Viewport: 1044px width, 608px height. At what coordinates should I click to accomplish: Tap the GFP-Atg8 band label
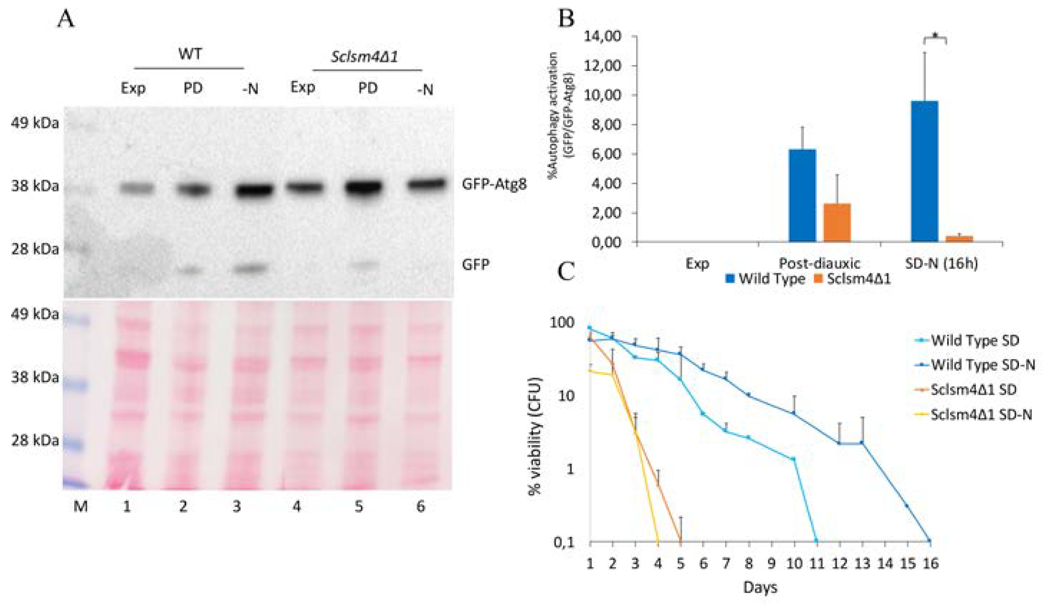494,184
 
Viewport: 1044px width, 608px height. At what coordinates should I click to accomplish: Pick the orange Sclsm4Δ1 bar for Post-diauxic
837,223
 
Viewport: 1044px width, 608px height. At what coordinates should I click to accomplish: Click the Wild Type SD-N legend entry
983,365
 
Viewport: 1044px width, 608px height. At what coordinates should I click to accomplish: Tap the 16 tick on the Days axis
930,564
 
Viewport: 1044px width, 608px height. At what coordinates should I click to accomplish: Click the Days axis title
760,588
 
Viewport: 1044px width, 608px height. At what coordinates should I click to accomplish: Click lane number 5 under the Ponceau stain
358,506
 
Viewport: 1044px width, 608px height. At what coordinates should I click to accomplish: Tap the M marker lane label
81,506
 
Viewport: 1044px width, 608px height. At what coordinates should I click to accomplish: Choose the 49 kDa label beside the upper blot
35,123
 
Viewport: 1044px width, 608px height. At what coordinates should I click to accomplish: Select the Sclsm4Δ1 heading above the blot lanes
365,57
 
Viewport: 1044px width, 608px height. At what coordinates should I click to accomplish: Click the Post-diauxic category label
819,263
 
